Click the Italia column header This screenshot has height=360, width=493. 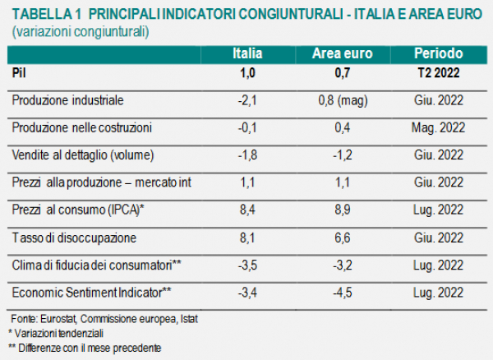click(x=247, y=53)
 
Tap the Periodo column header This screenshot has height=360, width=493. click(x=438, y=53)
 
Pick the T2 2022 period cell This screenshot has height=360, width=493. click(x=438, y=72)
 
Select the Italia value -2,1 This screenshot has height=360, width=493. click(x=247, y=100)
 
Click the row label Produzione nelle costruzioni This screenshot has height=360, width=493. click(x=82, y=128)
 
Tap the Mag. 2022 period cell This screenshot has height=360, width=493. click(x=438, y=128)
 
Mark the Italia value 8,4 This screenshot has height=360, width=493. click(x=247, y=210)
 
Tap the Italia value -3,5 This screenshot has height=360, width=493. click(x=247, y=265)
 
